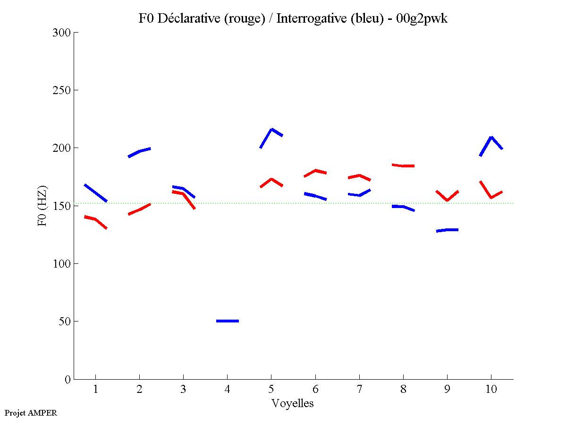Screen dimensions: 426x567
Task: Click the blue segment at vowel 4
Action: coord(227,321)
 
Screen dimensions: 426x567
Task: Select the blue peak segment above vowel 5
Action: coord(271,130)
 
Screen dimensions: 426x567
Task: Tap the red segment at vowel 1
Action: coord(95,219)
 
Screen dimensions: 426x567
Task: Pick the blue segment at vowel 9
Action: coord(448,230)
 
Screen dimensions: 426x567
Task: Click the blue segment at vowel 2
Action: coord(139,151)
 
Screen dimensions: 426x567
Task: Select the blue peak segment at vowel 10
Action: coord(491,138)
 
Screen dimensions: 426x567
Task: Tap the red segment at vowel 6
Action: coord(315,171)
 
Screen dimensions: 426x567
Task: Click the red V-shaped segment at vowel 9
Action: coord(447,200)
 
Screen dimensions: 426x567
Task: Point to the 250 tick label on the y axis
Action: coord(61,90)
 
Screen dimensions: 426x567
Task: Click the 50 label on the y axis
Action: coord(64,322)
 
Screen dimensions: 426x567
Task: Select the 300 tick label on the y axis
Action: coord(61,33)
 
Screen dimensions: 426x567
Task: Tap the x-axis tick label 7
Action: coord(359,390)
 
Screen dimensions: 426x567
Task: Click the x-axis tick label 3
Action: coord(183,390)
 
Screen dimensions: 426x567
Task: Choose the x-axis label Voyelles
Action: coord(293,403)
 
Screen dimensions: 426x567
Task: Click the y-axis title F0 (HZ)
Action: coord(42,206)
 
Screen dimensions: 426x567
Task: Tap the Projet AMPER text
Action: coord(31,413)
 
